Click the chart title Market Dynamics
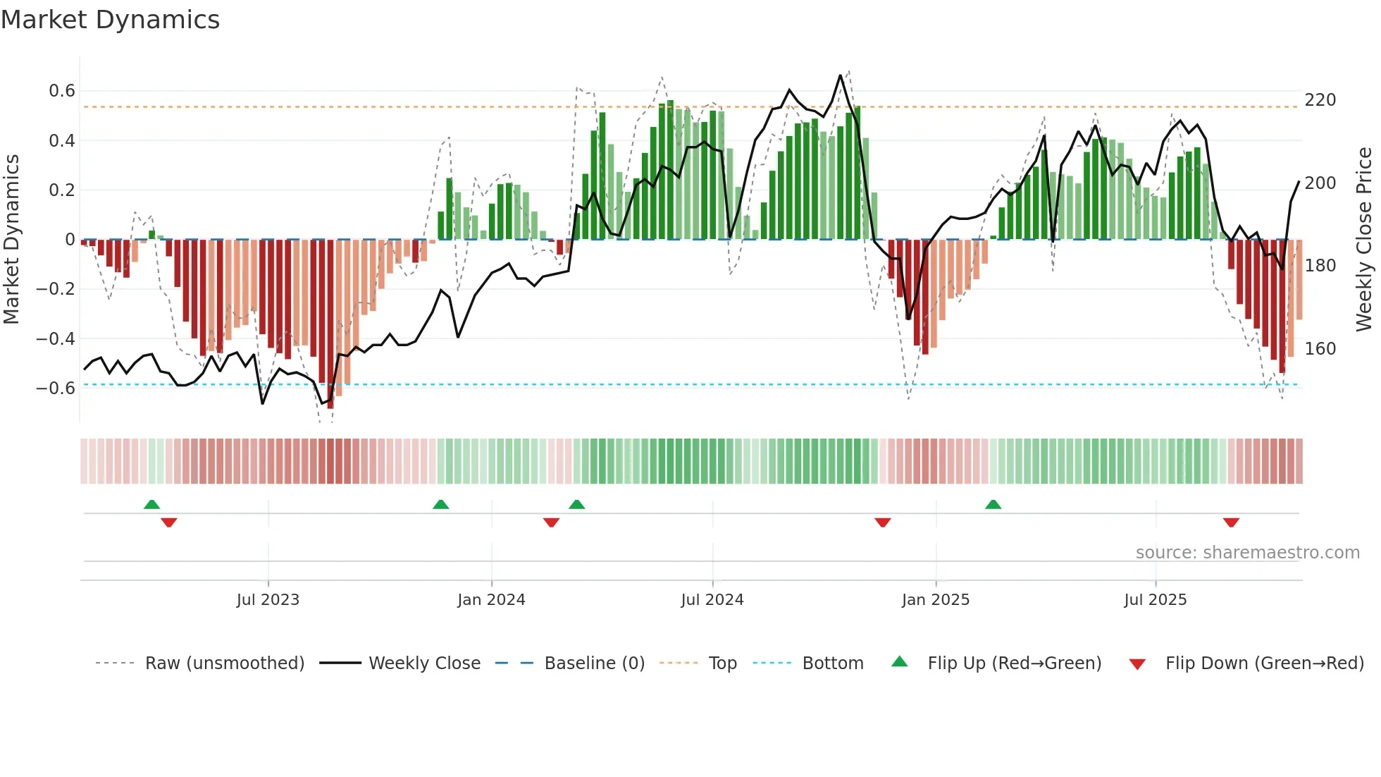coord(111,20)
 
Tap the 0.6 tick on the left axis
coord(62,91)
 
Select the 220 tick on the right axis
coord(1320,100)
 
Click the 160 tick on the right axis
coord(1320,349)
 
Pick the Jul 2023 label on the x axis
coord(268,600)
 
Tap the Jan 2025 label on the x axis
coord(936,600)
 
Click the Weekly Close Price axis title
coord(1364,240)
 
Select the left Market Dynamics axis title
coord(11,240)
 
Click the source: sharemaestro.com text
coord(1247,553)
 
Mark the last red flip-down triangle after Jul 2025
coord(1231,522)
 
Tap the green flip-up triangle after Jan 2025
coord(993,504)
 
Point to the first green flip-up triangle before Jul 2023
coord(151,504)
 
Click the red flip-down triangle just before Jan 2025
coord(883,522)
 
